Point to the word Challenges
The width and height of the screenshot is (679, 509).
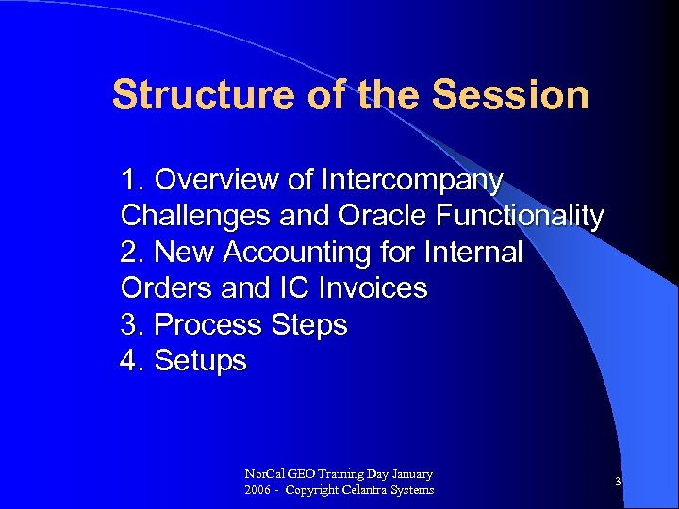pyautogui.click(x=196, y=216)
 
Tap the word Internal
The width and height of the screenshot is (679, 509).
pyautogui.click(x=473, y=253)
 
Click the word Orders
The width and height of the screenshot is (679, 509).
pyautogui.click(x=166, y=288)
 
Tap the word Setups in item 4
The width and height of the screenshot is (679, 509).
pyautogui.click(x=200, y=361)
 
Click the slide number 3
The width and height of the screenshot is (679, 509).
pyautogui.click(x=618, y=482)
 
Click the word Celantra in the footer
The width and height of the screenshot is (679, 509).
pyautogui.click(x=372, y=490)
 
